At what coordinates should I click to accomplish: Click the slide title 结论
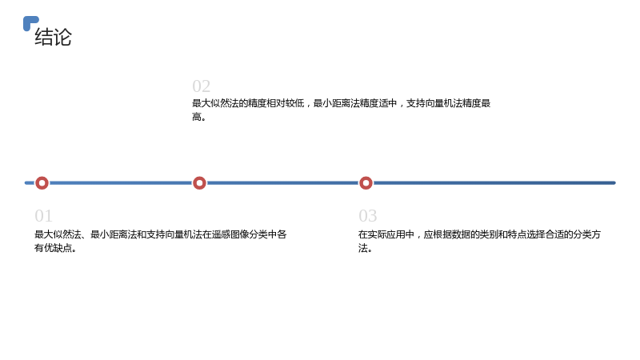[53, 37]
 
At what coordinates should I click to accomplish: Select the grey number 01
[43, 216]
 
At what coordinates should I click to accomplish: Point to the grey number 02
[202, 86]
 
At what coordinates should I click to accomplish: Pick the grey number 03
[368, 216]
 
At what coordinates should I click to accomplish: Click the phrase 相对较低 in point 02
[286, 103]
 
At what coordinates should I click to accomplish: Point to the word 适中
[388, 103]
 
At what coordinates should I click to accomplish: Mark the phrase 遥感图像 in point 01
[230, 234]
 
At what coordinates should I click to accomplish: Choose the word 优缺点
[58, 248]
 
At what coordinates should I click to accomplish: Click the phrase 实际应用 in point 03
[386, 234]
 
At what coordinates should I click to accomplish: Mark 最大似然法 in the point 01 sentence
[58, 234]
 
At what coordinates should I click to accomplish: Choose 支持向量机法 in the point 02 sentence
[434, 103]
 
